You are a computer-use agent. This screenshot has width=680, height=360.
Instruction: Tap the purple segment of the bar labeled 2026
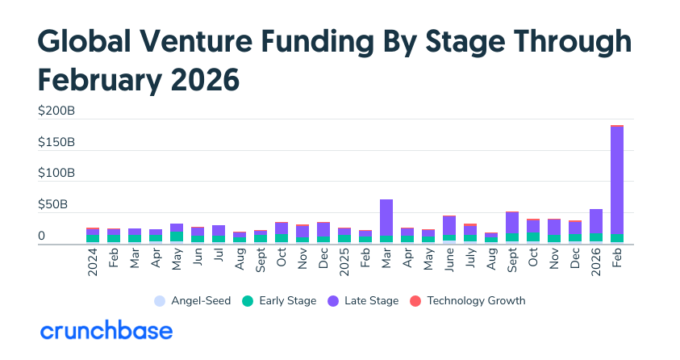pyautogui.click(x=596, y=221)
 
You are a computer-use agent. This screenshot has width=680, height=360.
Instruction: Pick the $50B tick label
pyautogui.click(x=60, y=205)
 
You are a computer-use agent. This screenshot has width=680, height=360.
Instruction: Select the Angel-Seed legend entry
pyautogui.click(x=192, y=301)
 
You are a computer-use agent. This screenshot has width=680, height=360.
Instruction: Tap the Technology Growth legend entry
pyautogui.click(x=468, y=301)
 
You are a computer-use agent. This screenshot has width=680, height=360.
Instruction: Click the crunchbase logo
pyautogui.click(x=106, y=331)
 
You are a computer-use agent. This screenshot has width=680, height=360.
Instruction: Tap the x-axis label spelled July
pyautogui.click(x=470, y=260)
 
